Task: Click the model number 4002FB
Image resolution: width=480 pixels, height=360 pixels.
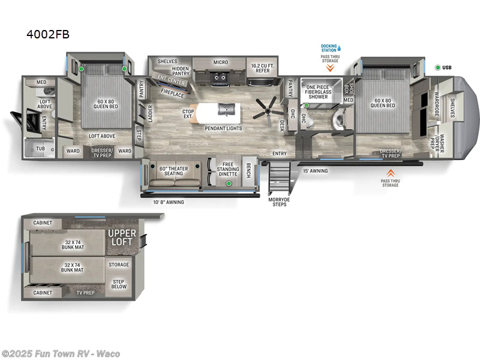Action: pos(48,34)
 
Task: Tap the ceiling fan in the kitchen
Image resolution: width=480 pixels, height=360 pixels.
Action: pos(265,109)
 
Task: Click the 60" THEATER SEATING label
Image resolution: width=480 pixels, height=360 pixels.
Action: pos(173,171)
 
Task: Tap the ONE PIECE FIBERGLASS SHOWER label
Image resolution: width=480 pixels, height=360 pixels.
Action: pos(317,91)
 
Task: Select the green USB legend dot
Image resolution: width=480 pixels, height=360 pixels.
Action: pos(437,67)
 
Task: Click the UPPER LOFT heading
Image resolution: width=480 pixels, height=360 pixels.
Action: pos(122,237)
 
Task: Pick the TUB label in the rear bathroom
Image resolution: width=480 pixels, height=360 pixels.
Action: pos(41,148)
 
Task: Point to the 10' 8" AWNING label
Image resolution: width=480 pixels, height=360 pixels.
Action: pos(168,202)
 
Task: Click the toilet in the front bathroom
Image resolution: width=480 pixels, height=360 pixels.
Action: pos(343,119)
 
